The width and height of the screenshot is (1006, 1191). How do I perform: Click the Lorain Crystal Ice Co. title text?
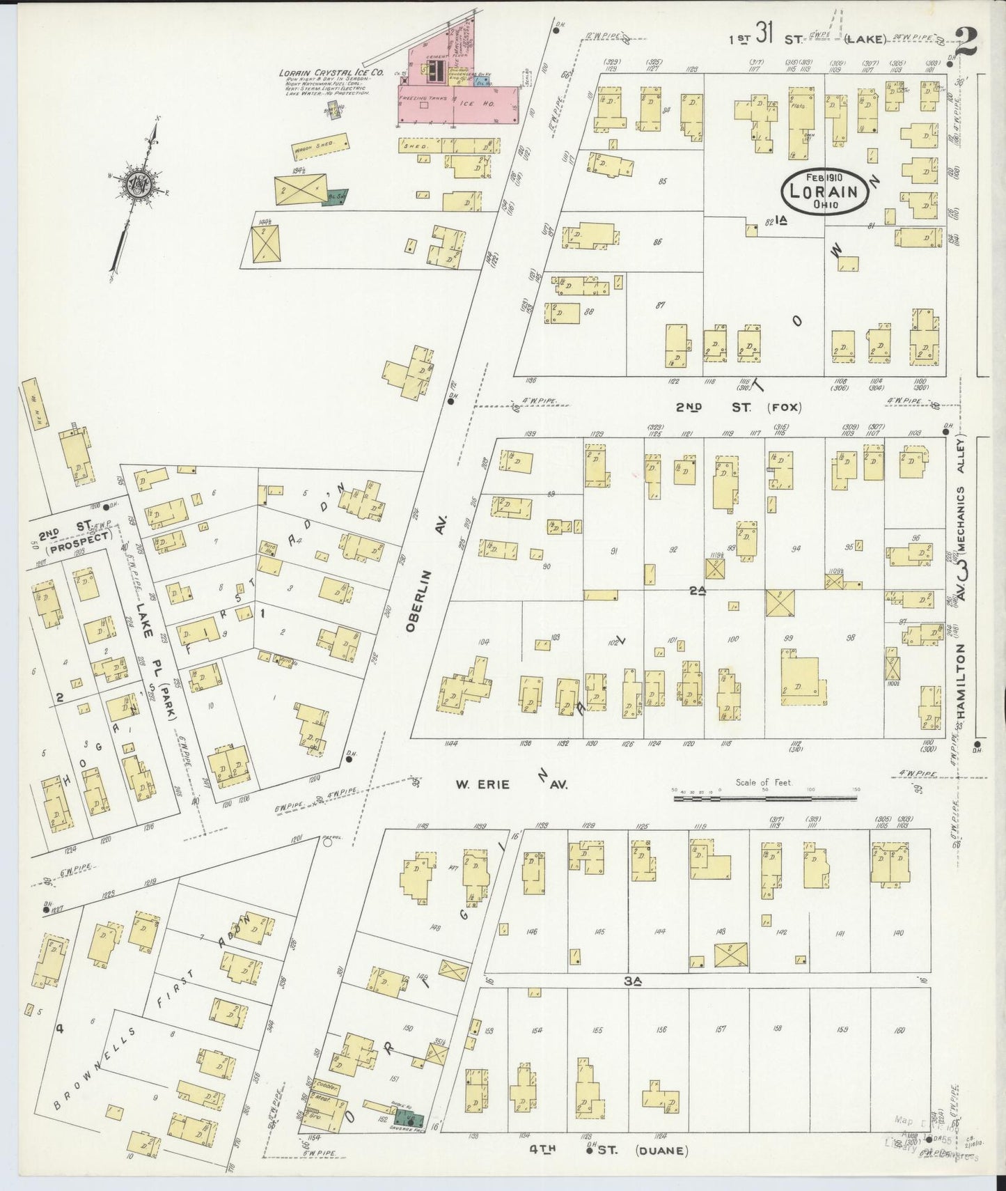tap(324, 72)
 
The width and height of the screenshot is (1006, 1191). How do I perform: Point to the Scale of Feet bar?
tap(766, 798)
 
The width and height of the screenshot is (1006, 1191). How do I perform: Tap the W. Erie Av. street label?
tap(512, 784)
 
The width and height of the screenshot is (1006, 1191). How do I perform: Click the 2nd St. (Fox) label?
tap(738, 407)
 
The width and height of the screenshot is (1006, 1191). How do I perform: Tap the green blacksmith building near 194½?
tap(337, 197)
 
